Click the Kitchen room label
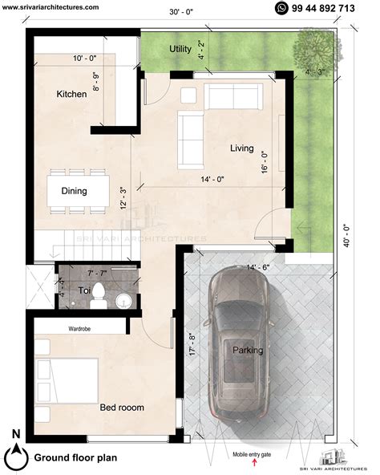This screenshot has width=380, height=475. tap(71, 95)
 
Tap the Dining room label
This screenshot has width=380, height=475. tap(74, 191)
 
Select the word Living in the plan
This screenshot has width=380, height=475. tap(241, 148)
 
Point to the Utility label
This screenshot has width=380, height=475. tap(180, 50)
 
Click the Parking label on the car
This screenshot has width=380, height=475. tap(247, 350)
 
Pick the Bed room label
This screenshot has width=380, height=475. tap(122, 408)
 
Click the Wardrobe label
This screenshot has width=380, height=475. tap(79, 329)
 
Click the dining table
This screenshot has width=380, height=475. tap(78, 192)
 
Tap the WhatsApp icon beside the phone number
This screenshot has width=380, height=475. tap(281, 8)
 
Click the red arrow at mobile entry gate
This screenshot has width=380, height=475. tap(254, 464)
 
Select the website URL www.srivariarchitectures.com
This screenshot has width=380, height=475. tap(51, 6)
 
